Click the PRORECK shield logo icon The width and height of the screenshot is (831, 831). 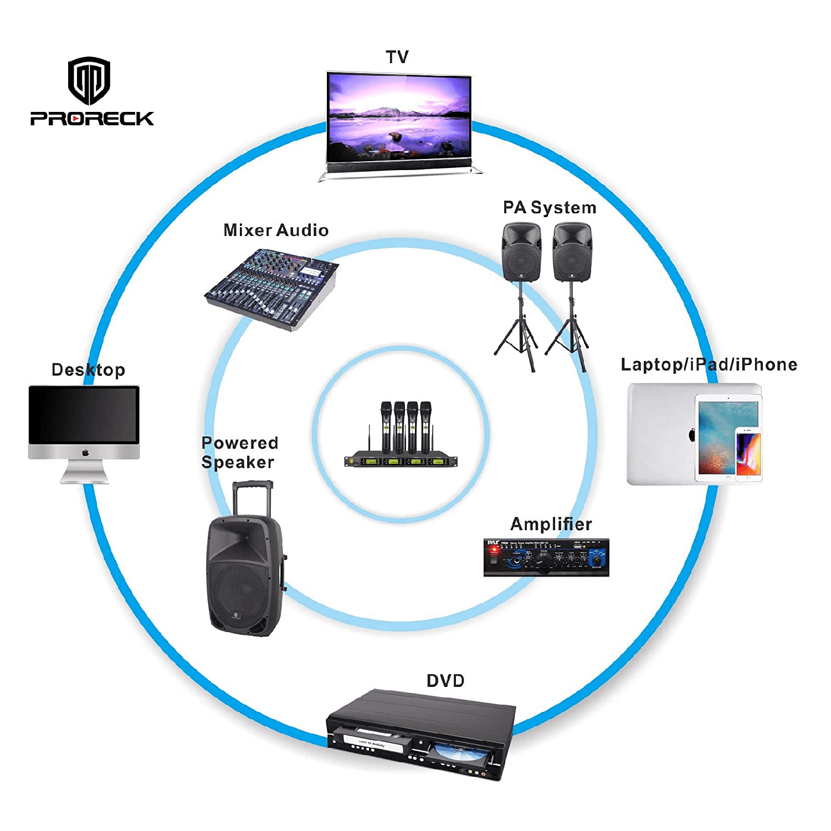[x=89, y=81]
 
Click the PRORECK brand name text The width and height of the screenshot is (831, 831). [x=92, y=119]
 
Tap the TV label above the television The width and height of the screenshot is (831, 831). [x=397, y=57]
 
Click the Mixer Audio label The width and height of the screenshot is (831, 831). [x=276, y=230]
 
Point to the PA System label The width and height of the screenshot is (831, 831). [x=550, y=208]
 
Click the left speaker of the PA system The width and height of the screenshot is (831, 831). [x=521, y=252]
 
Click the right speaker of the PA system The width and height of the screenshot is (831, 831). [x=572, y=252]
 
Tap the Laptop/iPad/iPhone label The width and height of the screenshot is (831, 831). [x=709, y=365]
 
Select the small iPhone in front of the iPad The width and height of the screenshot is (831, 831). [x=748, y=453]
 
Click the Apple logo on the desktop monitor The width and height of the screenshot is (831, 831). [x=85, y=453]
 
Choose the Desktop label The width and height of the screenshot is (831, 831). [x=88, y=370]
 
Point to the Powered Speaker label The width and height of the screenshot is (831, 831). [x=239, y=452]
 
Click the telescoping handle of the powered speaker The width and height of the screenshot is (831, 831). [x=253, y=496]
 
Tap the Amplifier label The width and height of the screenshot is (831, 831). [x=551, y=524]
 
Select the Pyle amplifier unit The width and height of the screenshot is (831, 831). [x=546, y=557]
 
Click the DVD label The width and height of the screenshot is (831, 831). [x=445, y=681]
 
